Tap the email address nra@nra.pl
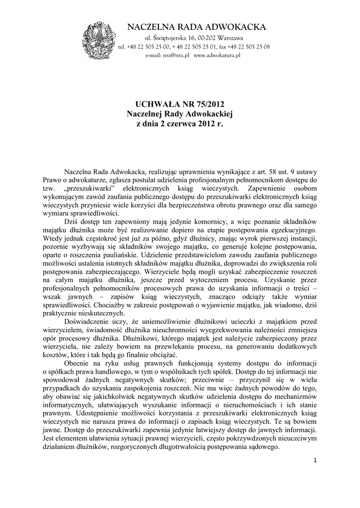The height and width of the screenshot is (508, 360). [x=176, y=56]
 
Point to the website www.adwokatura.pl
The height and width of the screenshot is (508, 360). [x=217, y=56]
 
